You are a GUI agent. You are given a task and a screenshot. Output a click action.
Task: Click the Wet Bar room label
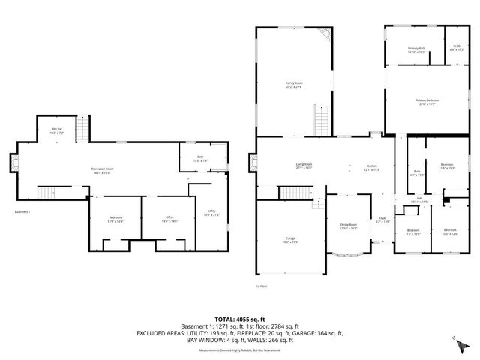coord(56,130)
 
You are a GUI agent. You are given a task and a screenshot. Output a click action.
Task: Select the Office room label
coord(169,218)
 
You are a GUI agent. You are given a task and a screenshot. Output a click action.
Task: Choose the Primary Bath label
coord(416,49)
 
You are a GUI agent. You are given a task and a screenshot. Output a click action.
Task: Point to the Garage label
coord(289,241)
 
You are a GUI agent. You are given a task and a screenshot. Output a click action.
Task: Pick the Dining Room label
coord(349,226)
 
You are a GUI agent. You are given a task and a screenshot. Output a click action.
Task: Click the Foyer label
coord(382,220)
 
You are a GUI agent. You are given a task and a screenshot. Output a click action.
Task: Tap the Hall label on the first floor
coord(419,200)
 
